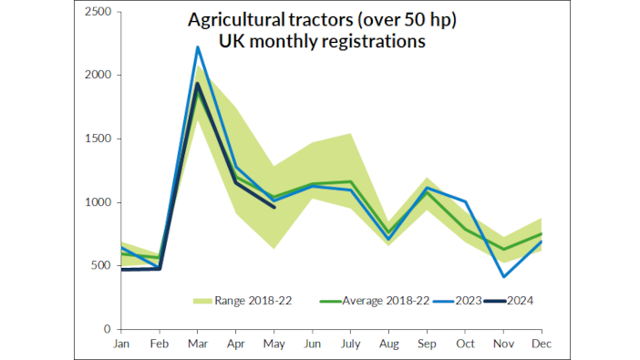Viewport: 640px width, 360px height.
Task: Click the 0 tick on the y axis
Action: point(108,329)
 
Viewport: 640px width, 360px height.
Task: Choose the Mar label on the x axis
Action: point(198,345)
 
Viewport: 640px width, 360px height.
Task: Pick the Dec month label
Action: point(541,345)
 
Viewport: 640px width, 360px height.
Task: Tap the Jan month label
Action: point(120,345)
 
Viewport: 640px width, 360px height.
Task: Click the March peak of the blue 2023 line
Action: point(198,47)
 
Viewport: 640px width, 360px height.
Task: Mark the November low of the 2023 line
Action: point(502,276)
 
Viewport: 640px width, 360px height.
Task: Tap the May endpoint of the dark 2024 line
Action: point(274,207)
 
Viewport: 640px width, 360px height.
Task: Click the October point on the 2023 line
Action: point(464,201)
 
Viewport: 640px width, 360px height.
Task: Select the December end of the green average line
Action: point(541,234)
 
